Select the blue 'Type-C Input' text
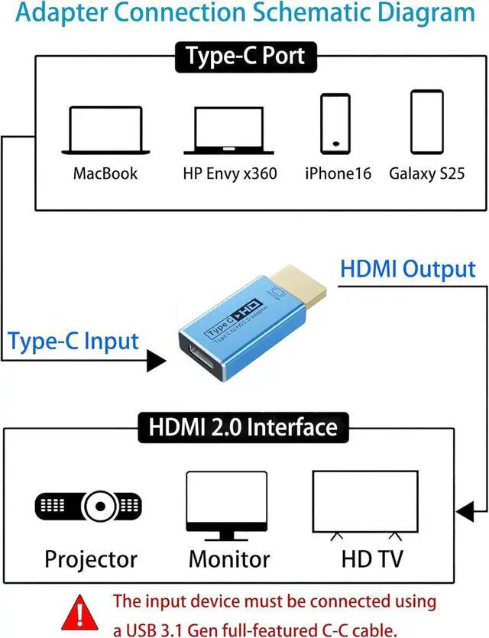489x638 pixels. pos(73,342)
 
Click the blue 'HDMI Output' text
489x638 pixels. pos(407,269)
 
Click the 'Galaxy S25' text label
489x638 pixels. pos(426,173)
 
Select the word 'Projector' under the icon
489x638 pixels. pos(91,559)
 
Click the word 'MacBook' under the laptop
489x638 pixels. pos(105,173)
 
